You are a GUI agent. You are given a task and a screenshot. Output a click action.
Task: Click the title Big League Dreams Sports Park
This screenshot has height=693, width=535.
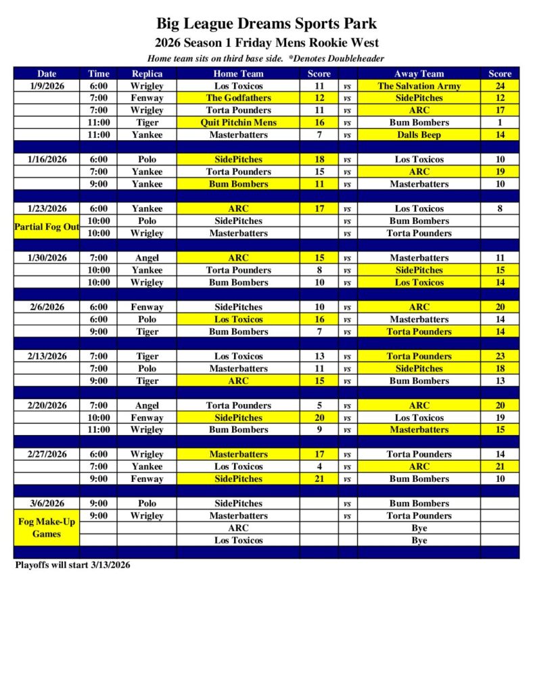pyautogui.click(x=266, y=24)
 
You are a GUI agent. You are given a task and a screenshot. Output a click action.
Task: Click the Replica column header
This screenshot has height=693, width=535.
pyautogui.click(x=147, y=74)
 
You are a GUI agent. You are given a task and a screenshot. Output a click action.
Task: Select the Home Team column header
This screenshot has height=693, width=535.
pyautogui.click(x=238, y=74)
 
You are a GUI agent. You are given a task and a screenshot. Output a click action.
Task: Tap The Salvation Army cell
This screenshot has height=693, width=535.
pyautogui.click(x=419, y=86)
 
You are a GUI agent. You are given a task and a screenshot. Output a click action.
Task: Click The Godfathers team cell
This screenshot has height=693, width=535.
pyautogui.click(x=238, y=98)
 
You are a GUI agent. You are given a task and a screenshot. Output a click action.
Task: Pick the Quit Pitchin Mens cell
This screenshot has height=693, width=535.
pyautogui.click(x=238, y=122)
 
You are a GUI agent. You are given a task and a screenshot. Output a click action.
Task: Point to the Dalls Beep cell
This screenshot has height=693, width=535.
pyautogui.click(x=419, y=135)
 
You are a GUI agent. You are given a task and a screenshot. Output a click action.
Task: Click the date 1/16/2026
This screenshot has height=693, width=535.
pyautogui.click(x=47, y=160)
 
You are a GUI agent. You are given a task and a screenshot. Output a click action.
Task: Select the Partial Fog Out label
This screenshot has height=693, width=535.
pyautogui.click(x=47, y=227)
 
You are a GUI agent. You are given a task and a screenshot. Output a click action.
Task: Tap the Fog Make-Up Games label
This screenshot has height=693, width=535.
pyautogui.click(x=47, y=527)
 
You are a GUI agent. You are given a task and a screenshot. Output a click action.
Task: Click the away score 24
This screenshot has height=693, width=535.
pyautogui.click(x=500, y=86)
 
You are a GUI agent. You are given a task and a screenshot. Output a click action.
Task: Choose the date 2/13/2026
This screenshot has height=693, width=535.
pyautogui.click(x=47, y=356)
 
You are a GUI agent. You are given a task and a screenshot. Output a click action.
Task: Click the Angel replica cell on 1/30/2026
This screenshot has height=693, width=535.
pyautogui.click(x=147, y=258)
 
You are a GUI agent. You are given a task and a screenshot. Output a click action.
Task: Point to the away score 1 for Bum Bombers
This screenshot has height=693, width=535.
pyautogui.click(x=500, y=122)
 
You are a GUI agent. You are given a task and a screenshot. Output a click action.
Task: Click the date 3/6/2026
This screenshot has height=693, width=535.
pyautogui.click(x=47, y=504)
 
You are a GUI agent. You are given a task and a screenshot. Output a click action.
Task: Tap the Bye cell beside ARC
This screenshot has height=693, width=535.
pyautogui.click(x=419, y=528)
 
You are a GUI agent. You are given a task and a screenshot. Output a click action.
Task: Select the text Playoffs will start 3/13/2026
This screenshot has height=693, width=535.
pyautogui.click(x=72, y=565)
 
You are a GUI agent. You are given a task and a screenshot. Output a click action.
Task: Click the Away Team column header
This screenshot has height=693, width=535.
pyautogui.click(x=419, y=74)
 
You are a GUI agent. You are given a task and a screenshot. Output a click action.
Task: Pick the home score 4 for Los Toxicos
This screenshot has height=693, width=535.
pyautogui.click(x=319, y=466)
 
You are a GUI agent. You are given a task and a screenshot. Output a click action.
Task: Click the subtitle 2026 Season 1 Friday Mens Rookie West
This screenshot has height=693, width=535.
pyautogui.click(x=266, y=43)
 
